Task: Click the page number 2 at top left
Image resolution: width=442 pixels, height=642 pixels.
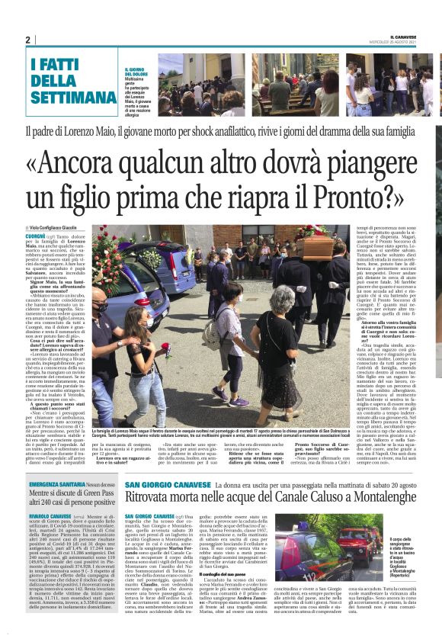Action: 27,40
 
